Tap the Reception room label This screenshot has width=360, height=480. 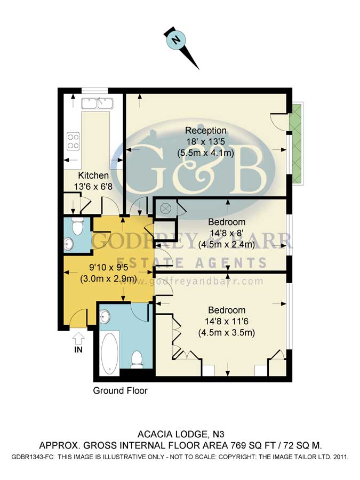click(x=205, y=131)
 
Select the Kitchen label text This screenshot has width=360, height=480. click(x=93, y=175)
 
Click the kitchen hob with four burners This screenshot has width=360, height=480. click(x=73, y=141)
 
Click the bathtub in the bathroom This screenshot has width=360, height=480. click(x=110, y=353)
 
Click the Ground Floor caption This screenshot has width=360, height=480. click(x=120, y=390)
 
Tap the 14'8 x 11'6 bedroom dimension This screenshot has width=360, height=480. click(x=227, y=322)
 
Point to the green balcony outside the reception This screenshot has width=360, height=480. click(x=295, y=141)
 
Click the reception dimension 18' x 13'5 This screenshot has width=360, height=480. click(x=205, y=142)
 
